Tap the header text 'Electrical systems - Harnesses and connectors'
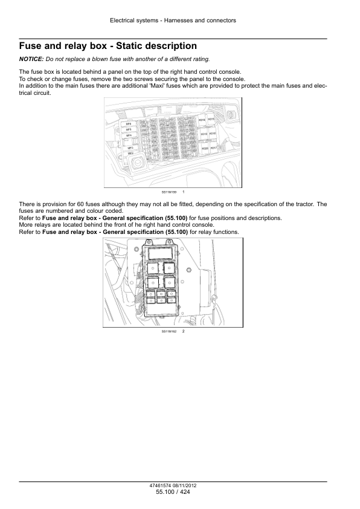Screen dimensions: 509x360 pos(173,21)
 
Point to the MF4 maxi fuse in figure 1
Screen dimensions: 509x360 pos(129,135)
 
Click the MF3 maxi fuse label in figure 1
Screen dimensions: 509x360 pos(130,147)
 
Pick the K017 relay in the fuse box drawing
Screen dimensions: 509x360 pos(212,148)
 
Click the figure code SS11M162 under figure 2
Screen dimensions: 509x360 pos(168,331)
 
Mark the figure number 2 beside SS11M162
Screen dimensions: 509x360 pos(182,331)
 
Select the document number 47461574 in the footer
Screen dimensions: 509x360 pos(162,486)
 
